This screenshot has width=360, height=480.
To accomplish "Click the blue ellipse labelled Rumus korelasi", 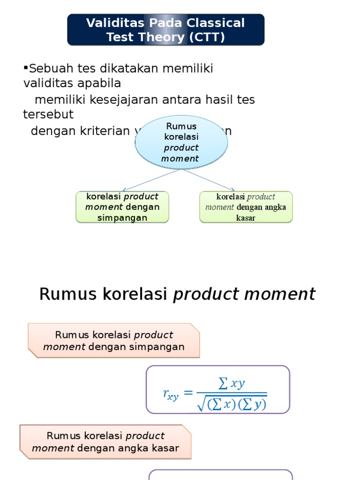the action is coord(181,142).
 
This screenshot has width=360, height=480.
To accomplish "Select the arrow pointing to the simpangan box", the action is coord(150,180).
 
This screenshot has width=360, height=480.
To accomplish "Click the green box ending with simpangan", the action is coord(122,207).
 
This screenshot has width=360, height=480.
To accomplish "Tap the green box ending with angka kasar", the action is coord(246,207).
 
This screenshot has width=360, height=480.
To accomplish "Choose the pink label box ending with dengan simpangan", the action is coord(113,341).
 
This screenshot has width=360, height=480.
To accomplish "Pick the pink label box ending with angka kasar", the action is coord(105,442).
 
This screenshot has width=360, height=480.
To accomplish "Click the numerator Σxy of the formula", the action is coord(232,384).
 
